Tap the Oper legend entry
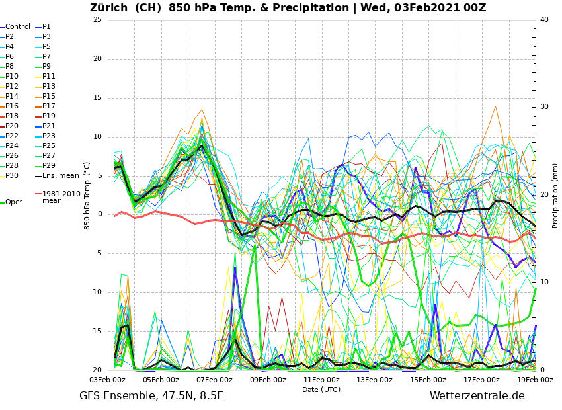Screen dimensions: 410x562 click(13, 202)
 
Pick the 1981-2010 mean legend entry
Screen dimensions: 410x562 click(61, 197)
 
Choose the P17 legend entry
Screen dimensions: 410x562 click(48, 106)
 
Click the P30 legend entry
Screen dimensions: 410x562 click(12, 175)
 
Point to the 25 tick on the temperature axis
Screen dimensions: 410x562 click(97, 19)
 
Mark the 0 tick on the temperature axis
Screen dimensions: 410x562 click(99, 214)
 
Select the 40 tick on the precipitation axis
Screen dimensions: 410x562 click(544, 19)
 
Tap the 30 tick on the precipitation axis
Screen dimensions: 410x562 click(544, 107)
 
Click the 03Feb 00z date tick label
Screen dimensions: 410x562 click(107, 380)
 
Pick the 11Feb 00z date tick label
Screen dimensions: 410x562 click(321, 380)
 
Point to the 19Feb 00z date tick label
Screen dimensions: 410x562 click(534, 380)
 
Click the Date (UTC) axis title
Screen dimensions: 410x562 click(321, 389)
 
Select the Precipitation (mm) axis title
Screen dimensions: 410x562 click(555, 195)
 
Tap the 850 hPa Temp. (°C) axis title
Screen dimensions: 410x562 click(87, 195)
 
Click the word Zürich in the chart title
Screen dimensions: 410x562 click(110, 8)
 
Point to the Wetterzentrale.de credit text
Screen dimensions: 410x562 click(477, 396)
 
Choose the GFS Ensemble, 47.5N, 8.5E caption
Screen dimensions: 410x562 click(151, 396)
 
